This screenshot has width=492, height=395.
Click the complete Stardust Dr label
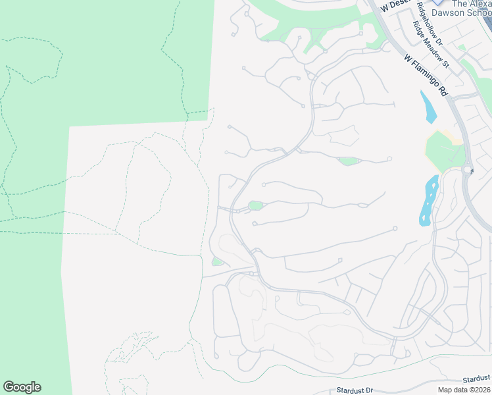tap(355, 390)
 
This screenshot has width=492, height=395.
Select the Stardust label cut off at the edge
tap(476, 379)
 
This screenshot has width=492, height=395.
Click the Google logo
tap(22, 387)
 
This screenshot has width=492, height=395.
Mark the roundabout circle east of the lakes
tap(468, 170)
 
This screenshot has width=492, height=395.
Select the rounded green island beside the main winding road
tap(255, 206)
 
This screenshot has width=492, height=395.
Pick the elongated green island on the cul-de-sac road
tap(349, 161)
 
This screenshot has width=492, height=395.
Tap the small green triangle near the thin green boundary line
tap(217, 262)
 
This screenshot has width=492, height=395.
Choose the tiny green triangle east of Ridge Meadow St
tap(462, 47)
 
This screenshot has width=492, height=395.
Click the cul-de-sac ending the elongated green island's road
tap(390, 159)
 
